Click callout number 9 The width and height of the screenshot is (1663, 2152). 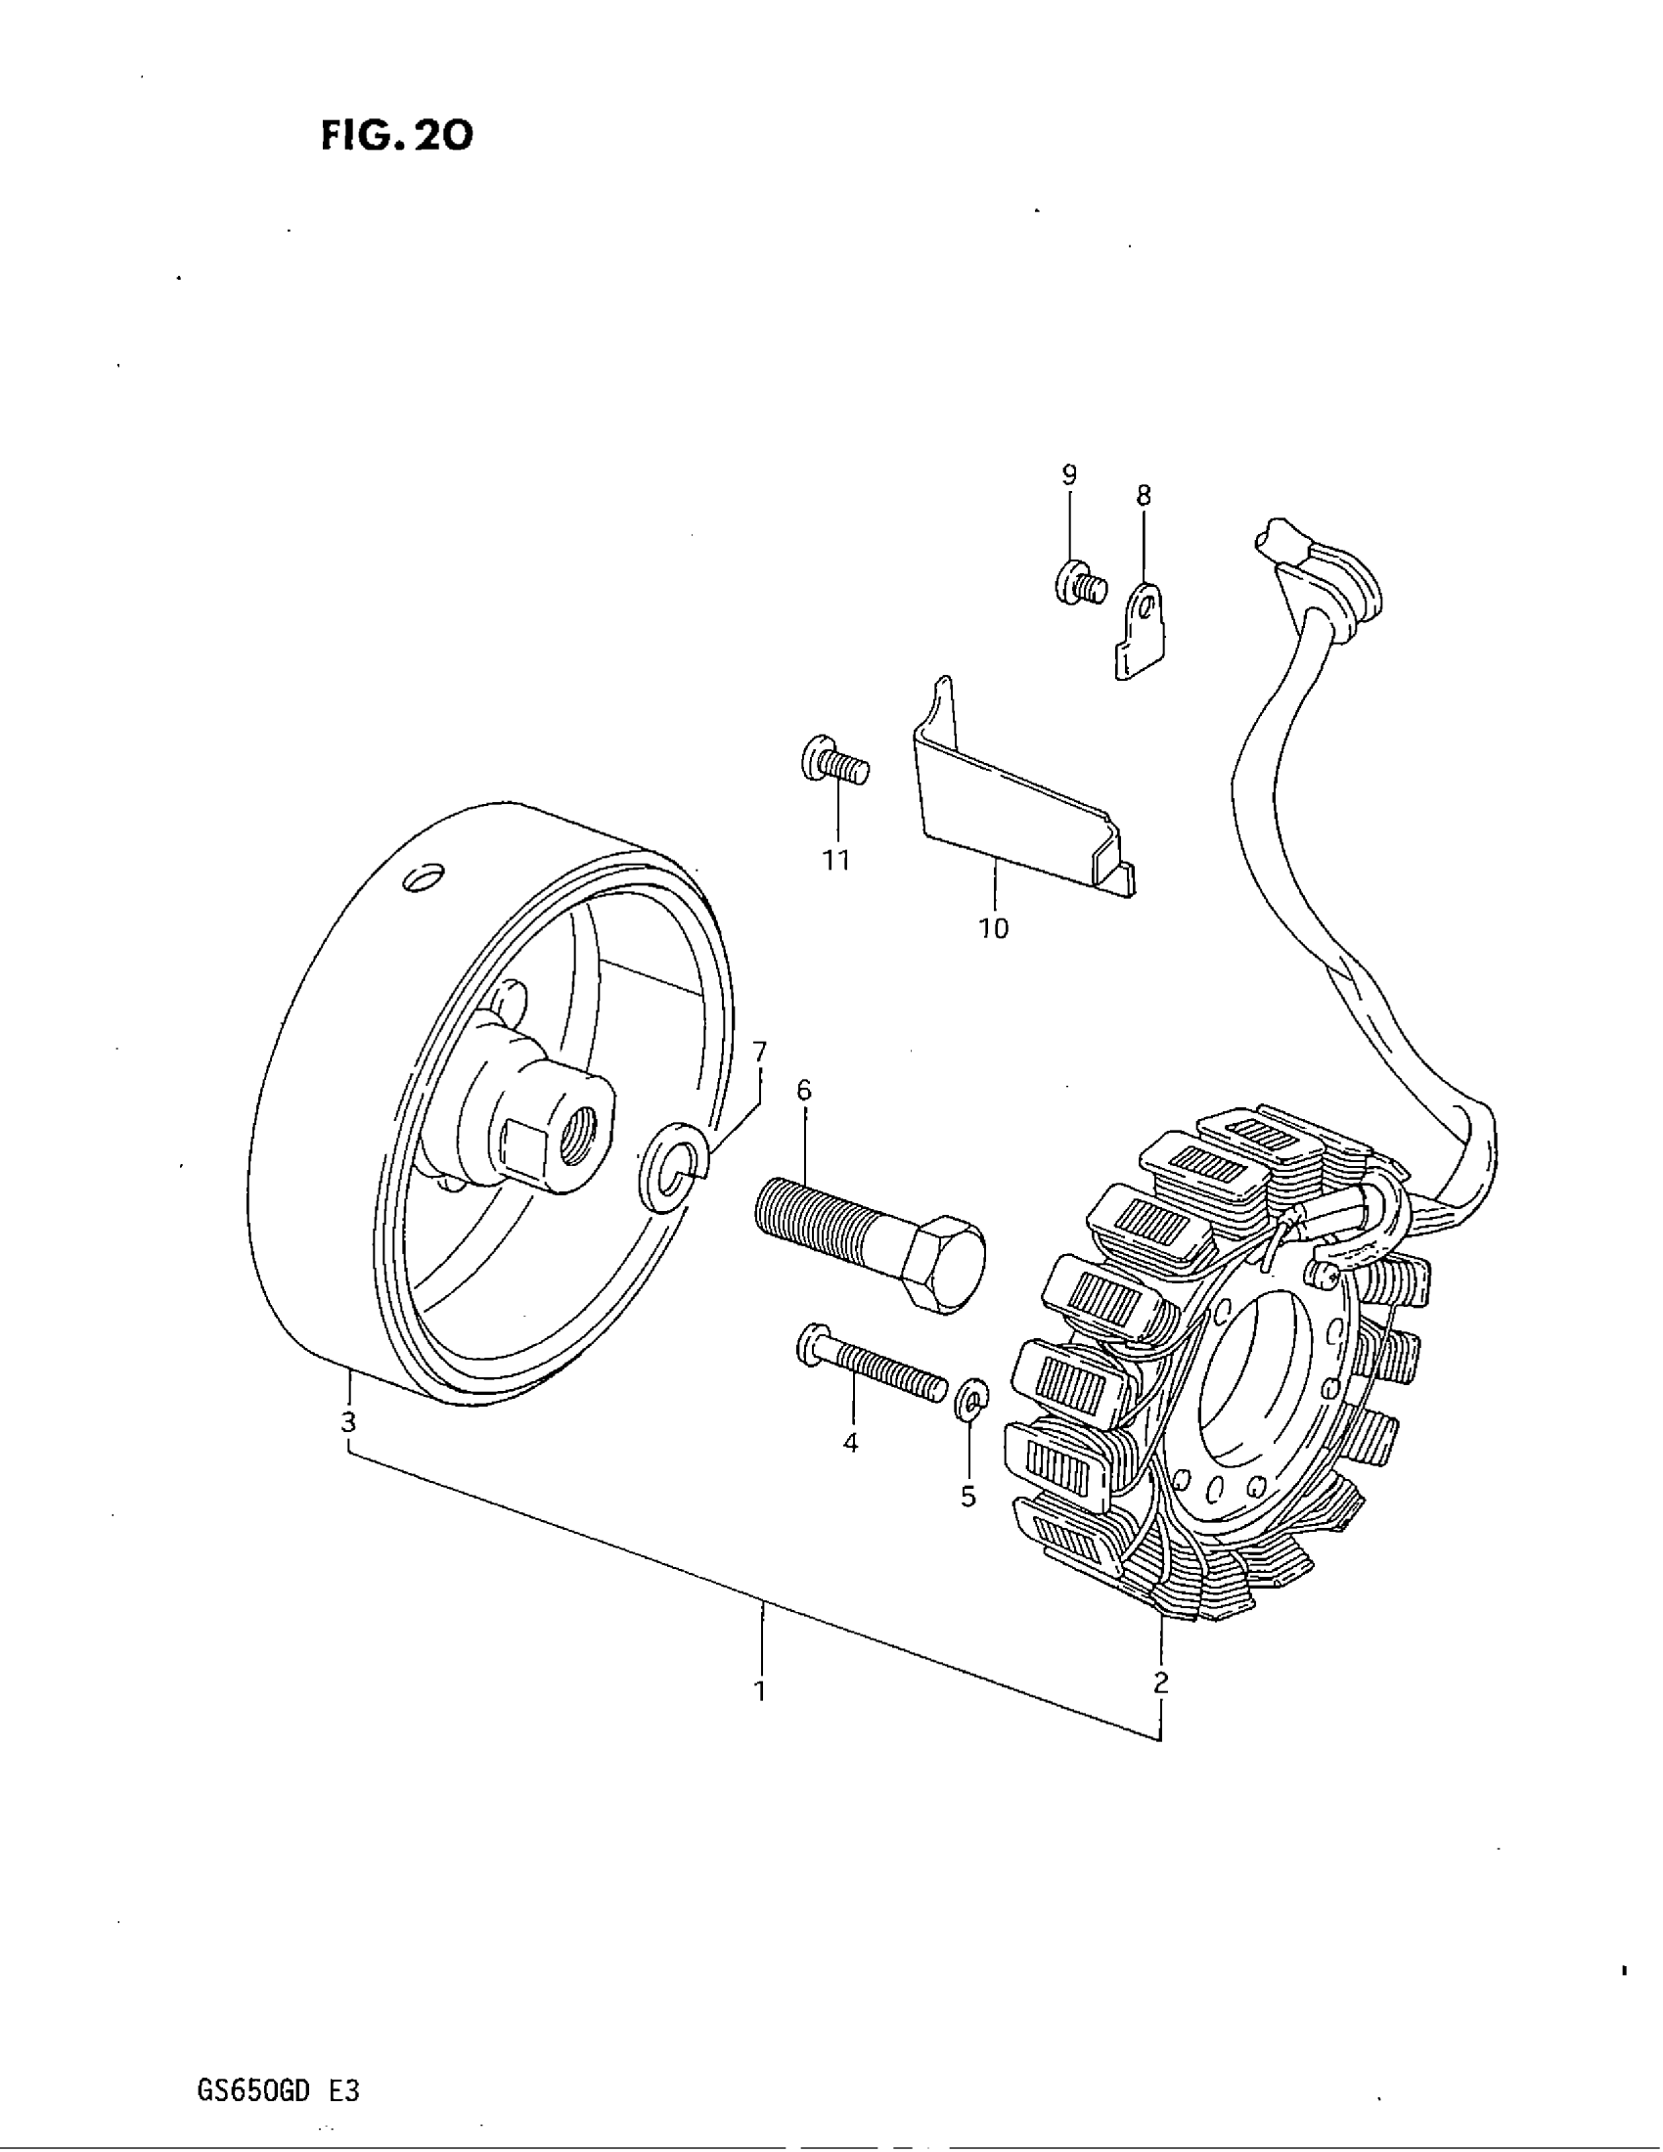coord(1069,474)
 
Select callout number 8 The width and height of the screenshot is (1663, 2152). coord(1143,495)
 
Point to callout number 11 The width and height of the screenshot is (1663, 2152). coord(836,860)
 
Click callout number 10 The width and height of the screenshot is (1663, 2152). coord(994,927)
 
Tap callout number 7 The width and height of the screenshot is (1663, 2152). coord(758,1053)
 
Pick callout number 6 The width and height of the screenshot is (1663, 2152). coord(804,1090)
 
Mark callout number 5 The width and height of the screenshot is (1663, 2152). coord(968,1497)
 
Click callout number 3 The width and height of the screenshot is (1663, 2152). coord(348,1422)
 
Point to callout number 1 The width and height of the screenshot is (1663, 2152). coord(759,1691)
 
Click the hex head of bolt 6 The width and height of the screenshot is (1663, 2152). coord(944,1263)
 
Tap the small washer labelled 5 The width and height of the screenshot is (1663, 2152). coord(970,1399)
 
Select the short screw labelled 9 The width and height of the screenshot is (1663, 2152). coord(1078,584)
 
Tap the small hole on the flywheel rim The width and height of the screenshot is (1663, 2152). coord(422,876)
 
